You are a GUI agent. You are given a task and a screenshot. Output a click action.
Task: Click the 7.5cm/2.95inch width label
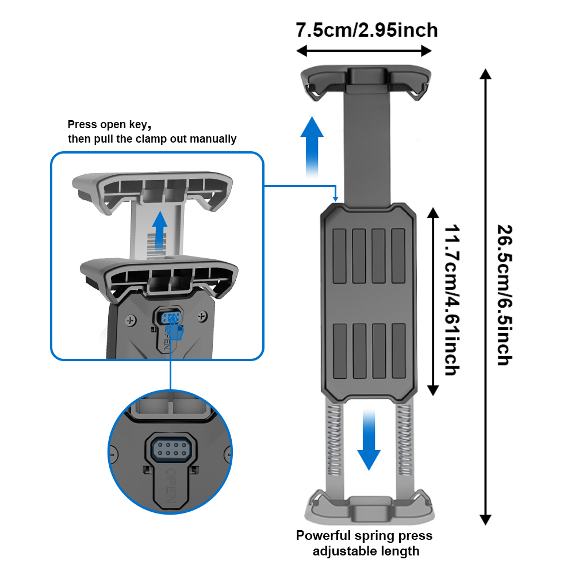pyautogui.click(x=366, y=29)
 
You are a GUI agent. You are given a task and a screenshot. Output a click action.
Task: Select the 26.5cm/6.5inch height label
pyautogui.click(x=504, y=294)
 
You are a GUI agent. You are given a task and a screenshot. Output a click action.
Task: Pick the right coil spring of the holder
pyautogui.click(x=404, y=443)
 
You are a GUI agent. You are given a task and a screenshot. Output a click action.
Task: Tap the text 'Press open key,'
pyautogui.click(x=109, y=124)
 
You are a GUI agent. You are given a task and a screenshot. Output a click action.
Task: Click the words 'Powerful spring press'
pyautogui.click(x=364, y=536)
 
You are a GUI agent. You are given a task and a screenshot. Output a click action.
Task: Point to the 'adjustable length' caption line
pyautogui.click(x=366, y=551)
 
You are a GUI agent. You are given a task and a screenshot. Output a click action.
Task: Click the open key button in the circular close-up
pyautogui.click(x=170, y=448)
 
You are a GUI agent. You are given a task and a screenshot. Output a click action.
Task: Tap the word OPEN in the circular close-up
pyautogui.click(x=171, y=485)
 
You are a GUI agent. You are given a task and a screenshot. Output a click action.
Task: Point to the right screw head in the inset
pyautogui.click(x=202, y=316)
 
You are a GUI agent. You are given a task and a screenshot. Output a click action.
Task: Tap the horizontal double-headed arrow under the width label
pyautogui.click(x=364, y=51)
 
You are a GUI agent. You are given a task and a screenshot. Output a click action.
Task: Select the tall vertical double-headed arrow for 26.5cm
pyautogui.click(x=486, y=297)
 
